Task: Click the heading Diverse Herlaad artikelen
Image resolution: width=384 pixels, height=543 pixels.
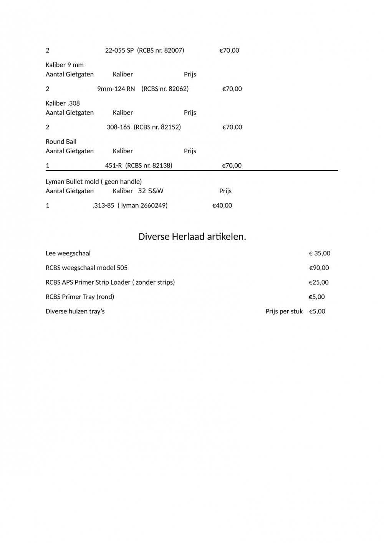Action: [x=192, y=237]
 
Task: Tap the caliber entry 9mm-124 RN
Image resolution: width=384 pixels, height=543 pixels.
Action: [x=116, y=89]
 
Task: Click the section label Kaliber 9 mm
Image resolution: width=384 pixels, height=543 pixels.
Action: [x=65, y=65]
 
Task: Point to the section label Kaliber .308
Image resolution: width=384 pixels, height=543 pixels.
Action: [x=63, y=103]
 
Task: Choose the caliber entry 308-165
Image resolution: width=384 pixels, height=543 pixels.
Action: [x=119, y=127]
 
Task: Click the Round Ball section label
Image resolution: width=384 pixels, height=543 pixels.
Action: [x=61, y=142]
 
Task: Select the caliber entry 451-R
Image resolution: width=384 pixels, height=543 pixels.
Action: [x=113, y=166]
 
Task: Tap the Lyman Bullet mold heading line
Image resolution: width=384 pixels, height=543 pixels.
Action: [x=94, y=182]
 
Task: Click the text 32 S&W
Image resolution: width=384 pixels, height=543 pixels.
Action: [x=151, y=191]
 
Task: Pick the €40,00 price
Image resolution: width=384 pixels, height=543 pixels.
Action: [x=222, y=205]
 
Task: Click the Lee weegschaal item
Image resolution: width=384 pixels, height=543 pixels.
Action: [x=68, y=253]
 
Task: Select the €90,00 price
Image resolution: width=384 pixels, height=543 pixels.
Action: [x=319, y=268]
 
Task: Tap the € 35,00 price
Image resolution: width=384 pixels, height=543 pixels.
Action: [x=319, y=253]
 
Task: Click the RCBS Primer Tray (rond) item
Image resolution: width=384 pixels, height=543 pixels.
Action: [x=80, y=297]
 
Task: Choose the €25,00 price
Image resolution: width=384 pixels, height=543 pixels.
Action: [x=319, y=283]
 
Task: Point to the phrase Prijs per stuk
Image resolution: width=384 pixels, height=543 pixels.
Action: [x=284, y=311]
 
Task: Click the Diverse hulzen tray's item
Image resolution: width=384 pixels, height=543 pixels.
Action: [x=75, y=311]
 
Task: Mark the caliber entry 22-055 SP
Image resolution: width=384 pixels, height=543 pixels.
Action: [x=119, y=50]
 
